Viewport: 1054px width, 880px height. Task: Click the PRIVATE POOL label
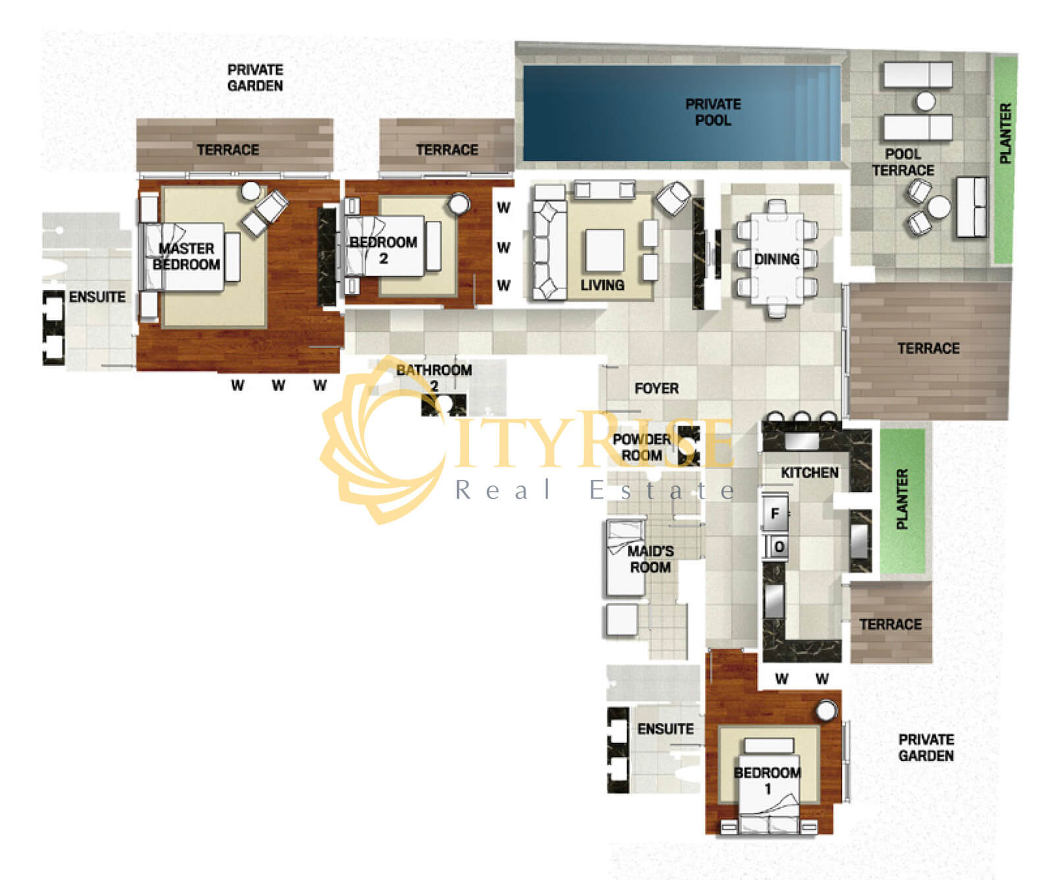pos(713,112)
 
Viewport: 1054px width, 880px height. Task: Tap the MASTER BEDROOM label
pos(186,256)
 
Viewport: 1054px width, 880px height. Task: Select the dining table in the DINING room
pos(777,259)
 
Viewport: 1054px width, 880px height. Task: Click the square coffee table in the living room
pos(605,250)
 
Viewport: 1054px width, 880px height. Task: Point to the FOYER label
pos(656,389)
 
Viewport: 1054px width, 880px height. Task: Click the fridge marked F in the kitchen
pos(775,514)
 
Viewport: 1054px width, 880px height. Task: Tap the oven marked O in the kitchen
pos(779,547)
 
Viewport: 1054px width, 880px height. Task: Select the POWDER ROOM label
pos(642,447)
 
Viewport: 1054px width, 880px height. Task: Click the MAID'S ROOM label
pos(650,559)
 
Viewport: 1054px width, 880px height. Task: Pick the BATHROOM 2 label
pos(434,378)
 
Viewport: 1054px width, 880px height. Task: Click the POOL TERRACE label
pos(903,162)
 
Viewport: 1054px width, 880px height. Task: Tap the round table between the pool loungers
pos(926,101)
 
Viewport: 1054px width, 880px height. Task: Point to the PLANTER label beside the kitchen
pos(902,499)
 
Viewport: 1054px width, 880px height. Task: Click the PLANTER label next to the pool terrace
pos(1005,134)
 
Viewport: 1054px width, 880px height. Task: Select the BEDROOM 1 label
pos(767,780)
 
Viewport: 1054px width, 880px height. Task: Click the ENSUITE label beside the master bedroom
pos(97,297)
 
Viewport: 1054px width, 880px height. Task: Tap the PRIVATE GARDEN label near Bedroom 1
pos(926,748)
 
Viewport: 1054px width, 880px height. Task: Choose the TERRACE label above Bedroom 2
pos(447,150)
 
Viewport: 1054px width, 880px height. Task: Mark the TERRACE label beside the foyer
pos(928,348)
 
